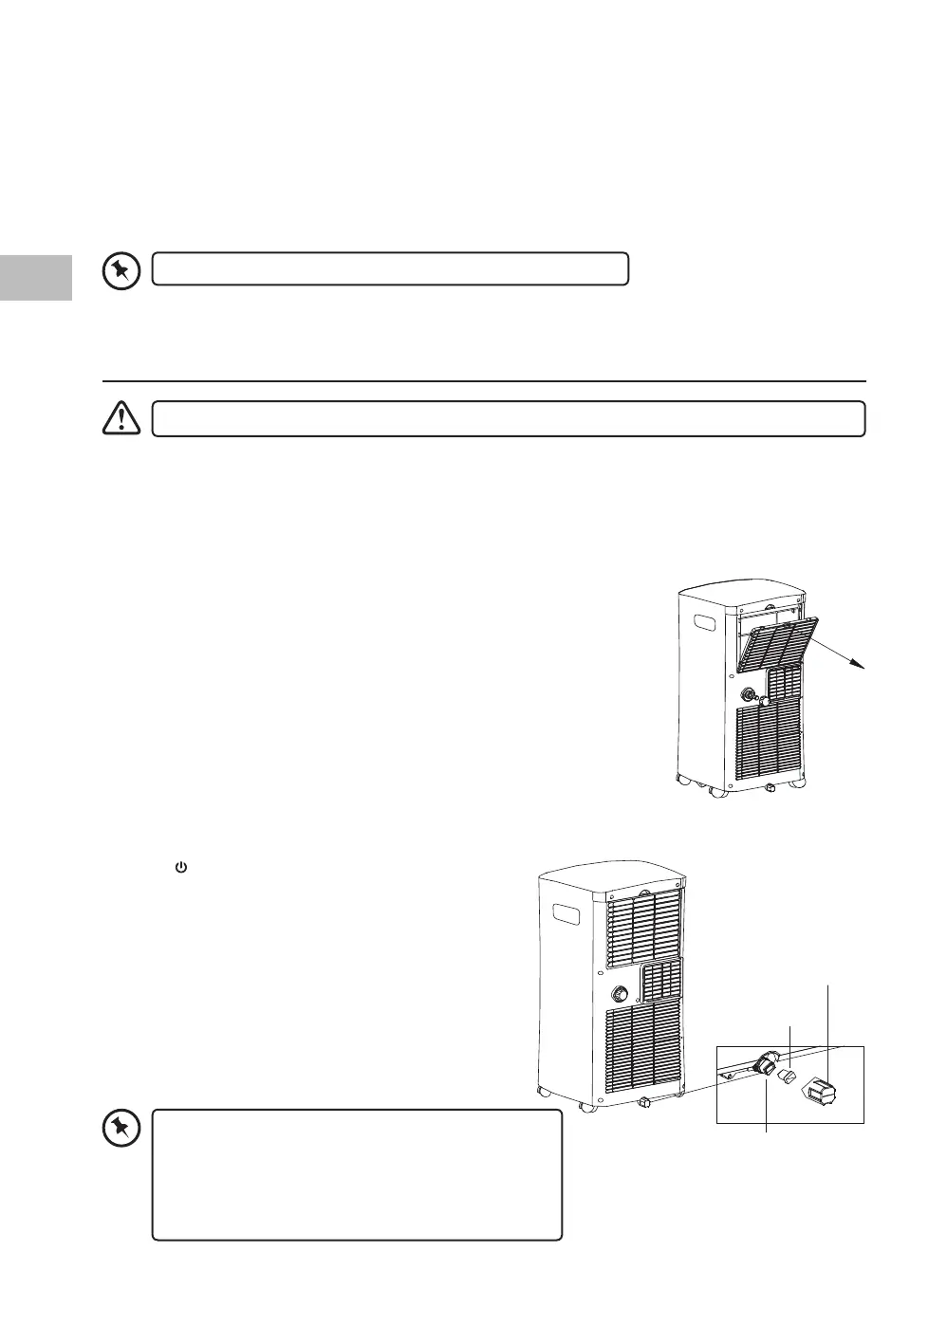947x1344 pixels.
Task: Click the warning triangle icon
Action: (121, 419)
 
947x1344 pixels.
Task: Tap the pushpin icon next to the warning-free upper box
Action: (121, 270)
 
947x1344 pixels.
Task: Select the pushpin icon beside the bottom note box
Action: (121, 1129)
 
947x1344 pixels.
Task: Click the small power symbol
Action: (180, 867)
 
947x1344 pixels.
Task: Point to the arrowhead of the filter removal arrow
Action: (863, 668)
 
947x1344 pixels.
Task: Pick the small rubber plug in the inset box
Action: (787, 1077)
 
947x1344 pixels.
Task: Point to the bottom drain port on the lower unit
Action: (645, 1102)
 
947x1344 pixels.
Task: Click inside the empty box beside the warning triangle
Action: (509, 419)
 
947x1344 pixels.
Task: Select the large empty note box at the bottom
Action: (357, 1175)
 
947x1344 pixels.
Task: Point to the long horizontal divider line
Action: (484, 381)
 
